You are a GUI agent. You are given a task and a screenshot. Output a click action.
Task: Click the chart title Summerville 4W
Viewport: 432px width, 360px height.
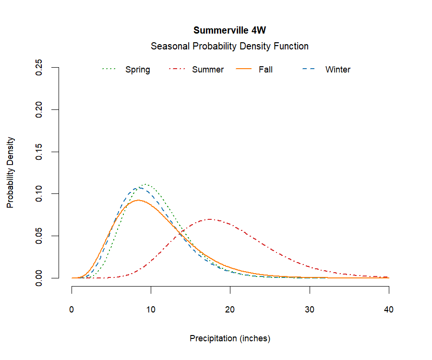tap(229, 30)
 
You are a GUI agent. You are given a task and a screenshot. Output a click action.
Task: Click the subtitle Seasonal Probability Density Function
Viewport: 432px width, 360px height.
tap(229, 47)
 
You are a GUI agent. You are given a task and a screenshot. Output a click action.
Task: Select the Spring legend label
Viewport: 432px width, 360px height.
tap(138, 70)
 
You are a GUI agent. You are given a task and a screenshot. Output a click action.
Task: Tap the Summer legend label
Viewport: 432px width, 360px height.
tap(208, 70)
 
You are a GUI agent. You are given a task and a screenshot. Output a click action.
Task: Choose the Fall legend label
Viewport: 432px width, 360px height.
tap(265, 70)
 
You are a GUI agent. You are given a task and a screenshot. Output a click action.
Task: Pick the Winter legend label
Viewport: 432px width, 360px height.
tap(338, 70)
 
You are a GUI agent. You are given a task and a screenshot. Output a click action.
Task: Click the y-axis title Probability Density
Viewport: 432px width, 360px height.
tap(11, 173)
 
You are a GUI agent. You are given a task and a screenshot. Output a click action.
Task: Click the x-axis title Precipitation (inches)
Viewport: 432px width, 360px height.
tap(230, 338)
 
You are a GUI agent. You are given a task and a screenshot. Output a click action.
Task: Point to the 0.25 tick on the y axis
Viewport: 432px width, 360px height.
tap(39, 68)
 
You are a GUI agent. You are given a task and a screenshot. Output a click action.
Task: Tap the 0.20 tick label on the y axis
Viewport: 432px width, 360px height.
tap(39, 109)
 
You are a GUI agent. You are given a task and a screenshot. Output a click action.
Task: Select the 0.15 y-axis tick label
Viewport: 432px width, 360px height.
tap(39, 152)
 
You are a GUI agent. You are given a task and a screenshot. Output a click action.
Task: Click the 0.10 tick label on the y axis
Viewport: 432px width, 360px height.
tap(39, 194)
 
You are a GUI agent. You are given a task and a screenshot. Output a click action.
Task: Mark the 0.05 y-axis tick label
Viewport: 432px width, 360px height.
tap(39, 236)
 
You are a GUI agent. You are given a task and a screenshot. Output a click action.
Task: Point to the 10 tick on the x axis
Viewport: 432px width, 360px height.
tap(151, 310)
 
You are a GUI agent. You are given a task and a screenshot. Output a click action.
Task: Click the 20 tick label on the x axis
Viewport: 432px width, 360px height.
tap(230, 310)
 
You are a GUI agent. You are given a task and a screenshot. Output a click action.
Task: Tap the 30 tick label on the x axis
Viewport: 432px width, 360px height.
tap(310, 310)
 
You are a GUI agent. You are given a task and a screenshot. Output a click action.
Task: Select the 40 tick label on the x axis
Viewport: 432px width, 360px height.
tap(389, 310)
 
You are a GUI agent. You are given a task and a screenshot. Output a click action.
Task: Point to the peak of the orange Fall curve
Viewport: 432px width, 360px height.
tap(138, 200)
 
